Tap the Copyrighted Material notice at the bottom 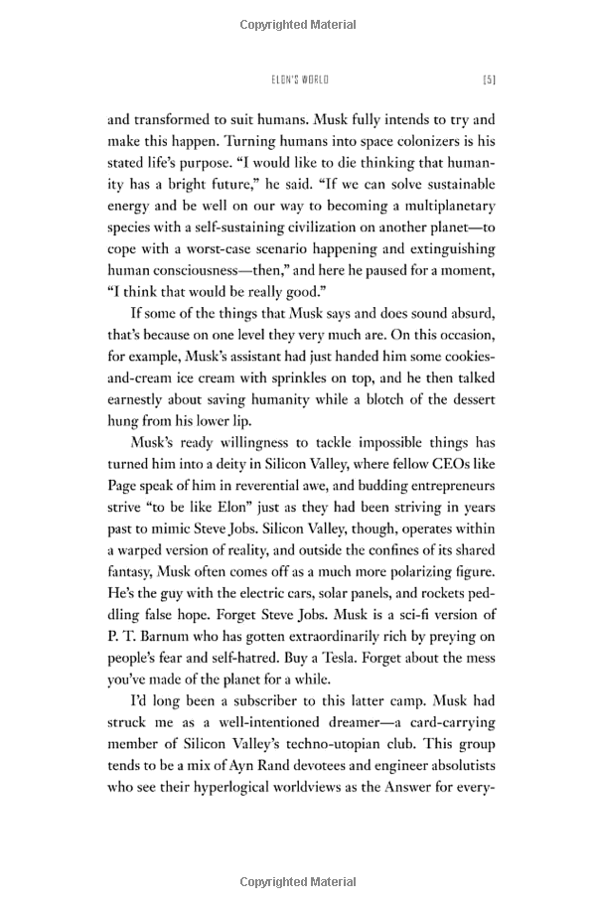pyautogui.click(x=298, y=880)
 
